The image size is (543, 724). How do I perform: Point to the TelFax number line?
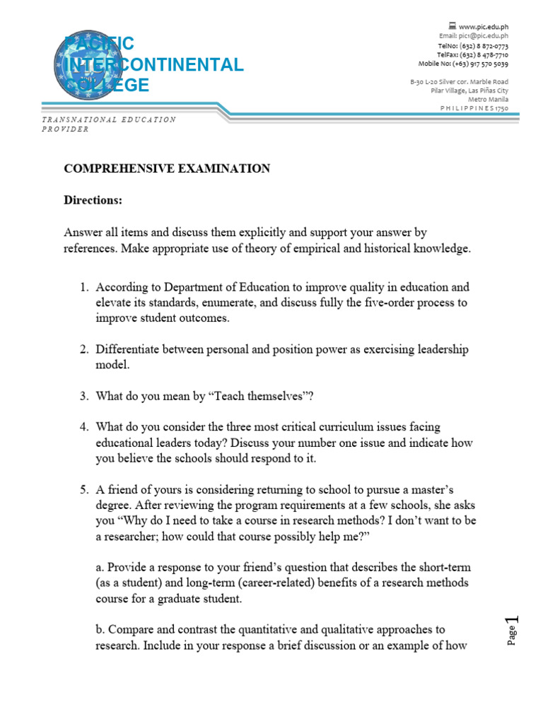point(473,54)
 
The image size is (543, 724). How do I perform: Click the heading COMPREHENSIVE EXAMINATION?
point(167,168)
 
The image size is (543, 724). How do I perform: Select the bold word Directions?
point(93,200)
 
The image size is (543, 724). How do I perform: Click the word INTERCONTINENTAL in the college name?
point(155,65)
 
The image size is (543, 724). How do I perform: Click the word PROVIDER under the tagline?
point(65,129)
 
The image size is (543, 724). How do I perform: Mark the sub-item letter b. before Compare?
point(100,629)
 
